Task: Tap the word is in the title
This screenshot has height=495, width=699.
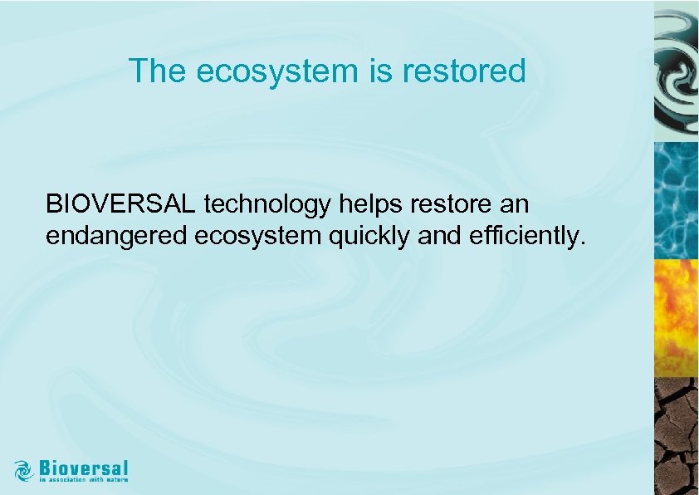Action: coord(379,71)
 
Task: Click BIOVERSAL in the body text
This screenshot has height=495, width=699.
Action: coord(121,204)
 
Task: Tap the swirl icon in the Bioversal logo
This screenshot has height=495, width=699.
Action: coord(24,470)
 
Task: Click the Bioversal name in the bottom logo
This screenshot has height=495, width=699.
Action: coord(83,468)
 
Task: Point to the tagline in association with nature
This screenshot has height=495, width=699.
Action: coord(84,480)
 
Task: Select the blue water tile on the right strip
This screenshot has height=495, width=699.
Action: coord(676,199)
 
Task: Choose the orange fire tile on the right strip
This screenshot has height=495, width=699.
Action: coord(676,318)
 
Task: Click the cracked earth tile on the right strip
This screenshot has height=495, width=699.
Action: coord(676,436)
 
